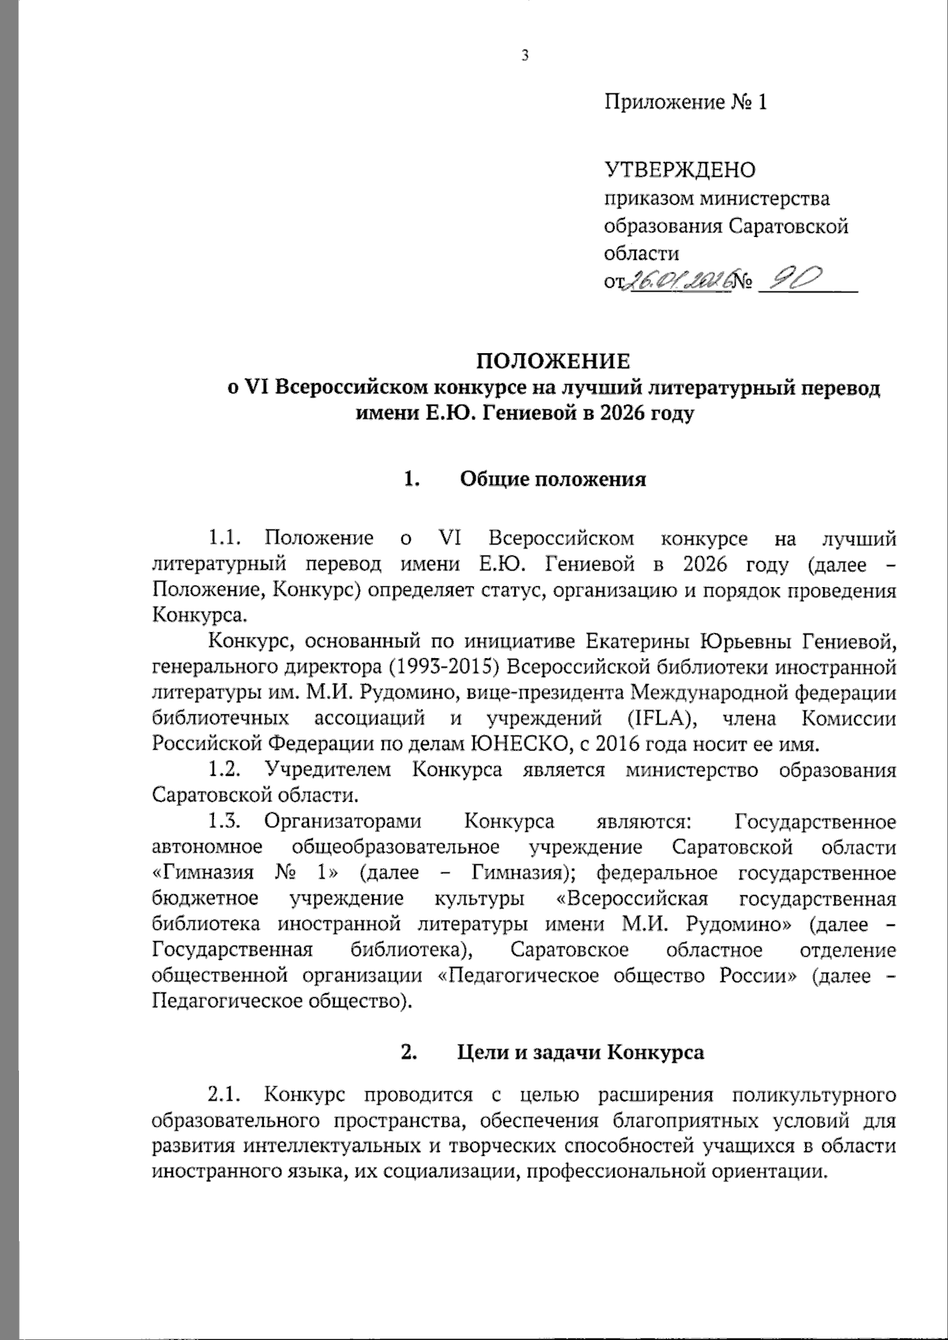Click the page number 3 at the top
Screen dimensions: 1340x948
(524, 55)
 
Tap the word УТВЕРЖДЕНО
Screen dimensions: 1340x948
(679, 170)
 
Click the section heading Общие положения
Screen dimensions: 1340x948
(553, 480)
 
